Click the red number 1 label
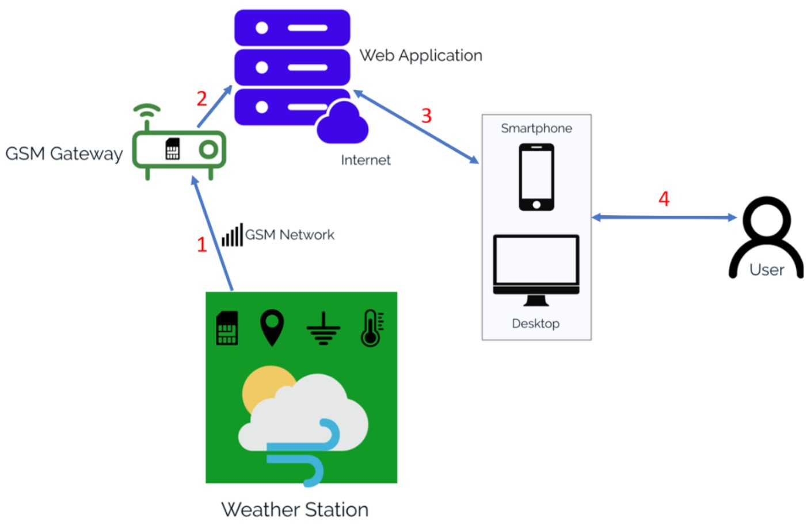click(201, 245)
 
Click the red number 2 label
click(201, 99)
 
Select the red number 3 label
click(426, 116)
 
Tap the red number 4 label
click(664, 199)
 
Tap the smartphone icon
click(536, 177)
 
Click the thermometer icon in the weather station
click(371, 328)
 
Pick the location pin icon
click(272, 327)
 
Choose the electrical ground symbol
click(323, 329)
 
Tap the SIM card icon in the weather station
click(227, 328)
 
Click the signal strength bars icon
click(233, 235)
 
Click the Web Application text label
click(421, 56)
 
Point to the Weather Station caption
click(295, 509)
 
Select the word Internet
click(366, 160)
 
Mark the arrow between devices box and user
click(664, 217)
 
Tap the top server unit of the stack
click(292, 28)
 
